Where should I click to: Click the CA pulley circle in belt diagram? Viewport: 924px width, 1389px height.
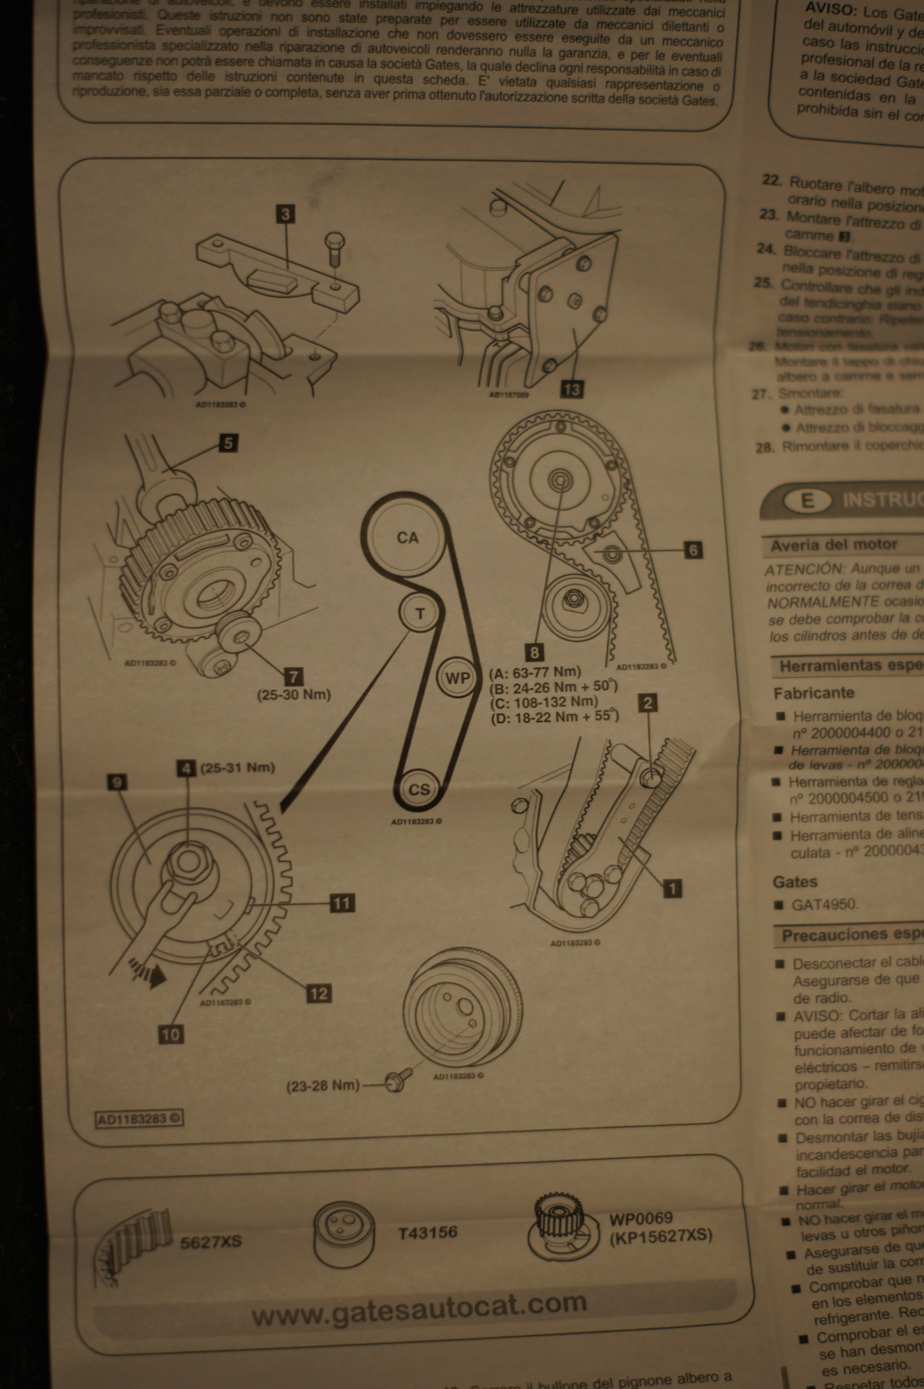(x=407, y=538)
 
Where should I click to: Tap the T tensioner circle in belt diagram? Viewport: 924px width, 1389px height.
(x=419, y=613)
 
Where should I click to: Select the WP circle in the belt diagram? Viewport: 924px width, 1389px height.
(x=457, y=678)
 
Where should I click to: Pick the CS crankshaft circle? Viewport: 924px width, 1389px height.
(x=419, y=789)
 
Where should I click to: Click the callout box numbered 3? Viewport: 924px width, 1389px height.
(x=286, y=213)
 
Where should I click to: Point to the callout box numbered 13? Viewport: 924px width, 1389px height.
(x=571, y=389)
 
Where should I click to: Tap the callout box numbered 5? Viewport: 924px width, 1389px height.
(x=228, y=442)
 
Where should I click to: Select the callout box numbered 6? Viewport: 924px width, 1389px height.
(x=693, y=550)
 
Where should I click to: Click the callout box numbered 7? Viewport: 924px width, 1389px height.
(x=293, y=677)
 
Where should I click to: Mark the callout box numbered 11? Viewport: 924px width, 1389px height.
(x=341, y=902)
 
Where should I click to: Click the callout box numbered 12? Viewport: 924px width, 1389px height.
(x=319, y=993)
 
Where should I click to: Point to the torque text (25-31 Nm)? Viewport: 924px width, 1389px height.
(x=238, y=767)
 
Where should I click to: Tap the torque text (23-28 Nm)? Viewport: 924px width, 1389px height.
(x=323, y=1085)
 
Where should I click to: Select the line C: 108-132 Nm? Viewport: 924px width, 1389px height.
(x=544, y=702)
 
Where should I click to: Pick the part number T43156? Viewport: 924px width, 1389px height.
(x=427, y=1232)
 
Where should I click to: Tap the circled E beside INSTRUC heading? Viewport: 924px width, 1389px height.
(x=807, y=501)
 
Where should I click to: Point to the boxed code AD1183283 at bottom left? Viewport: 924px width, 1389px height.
(x=140, y=1118)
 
